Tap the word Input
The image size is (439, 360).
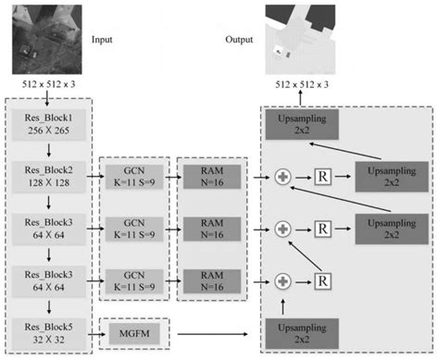pyautogui.click(x=101, y=41)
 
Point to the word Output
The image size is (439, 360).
pyautogui.click(x=239, y=41)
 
